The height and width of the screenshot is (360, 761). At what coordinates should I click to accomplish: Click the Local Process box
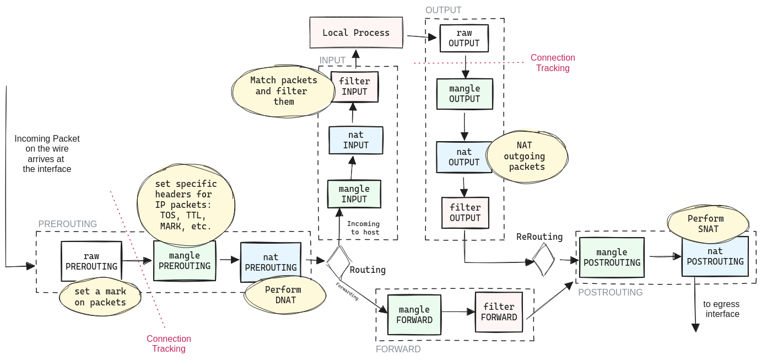point(356,33)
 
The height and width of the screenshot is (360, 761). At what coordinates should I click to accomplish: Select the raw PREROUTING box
point(91,261)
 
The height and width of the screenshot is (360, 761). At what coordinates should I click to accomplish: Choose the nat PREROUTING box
point(271,262)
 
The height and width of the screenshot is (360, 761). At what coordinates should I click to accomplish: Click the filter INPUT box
point(354,87)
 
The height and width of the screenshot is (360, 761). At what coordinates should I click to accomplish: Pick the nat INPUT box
point(355,140)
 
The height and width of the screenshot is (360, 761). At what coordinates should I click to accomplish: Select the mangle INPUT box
point(354,194)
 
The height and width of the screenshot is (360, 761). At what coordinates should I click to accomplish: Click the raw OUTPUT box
point(464,38)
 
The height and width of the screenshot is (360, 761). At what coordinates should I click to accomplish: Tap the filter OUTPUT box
point(465,212)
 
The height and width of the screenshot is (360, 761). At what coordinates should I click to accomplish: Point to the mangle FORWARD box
point(414,314)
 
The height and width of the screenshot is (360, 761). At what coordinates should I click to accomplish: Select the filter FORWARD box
point(499,311)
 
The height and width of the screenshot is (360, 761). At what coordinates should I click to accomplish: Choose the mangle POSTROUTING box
point(612,257)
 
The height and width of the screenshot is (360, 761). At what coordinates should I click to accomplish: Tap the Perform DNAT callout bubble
point(283,295)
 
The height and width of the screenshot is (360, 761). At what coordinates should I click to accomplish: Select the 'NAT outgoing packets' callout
point(527,156)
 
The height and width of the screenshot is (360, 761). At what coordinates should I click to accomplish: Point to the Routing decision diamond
point(339,262)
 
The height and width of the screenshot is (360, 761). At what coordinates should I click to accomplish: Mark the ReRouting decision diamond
point(543,260)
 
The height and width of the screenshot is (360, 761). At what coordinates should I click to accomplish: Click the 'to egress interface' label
point(721,309)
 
